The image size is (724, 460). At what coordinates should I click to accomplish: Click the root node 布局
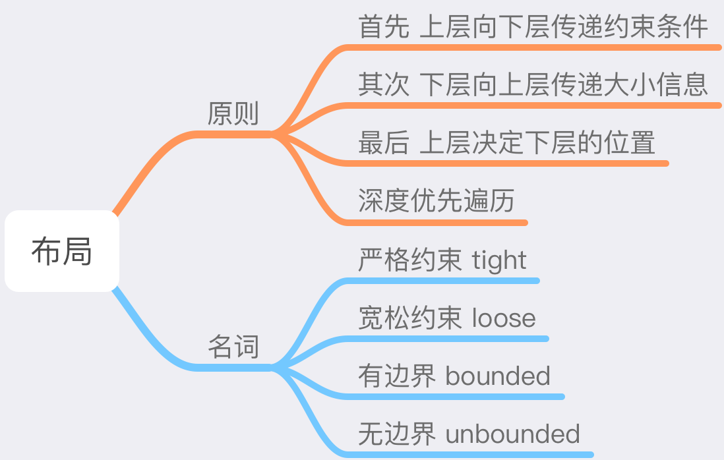(x=62, y=251)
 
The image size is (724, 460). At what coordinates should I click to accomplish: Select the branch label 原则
(x=233, y=113)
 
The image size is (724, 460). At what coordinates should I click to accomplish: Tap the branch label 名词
(x=233, y=347)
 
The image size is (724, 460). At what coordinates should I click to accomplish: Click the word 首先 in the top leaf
(x=384, y=26)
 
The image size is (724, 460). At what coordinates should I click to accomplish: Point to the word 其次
(x=384, y=84)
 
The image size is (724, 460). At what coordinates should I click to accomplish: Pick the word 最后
(x=384, y=142)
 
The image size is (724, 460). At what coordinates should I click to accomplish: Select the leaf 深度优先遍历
(x=437, y=200)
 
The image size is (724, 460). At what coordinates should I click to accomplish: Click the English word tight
(x=498, y=261)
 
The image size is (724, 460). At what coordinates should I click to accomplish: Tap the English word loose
(x=504, y=318)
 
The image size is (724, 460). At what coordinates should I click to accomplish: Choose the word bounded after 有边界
(x=498, y=376)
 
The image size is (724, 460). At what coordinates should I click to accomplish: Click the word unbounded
(x=512, y=434)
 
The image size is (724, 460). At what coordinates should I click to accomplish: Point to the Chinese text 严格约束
(x=409, y=260)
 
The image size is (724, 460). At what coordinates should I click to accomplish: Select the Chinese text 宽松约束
(x=409, y=318)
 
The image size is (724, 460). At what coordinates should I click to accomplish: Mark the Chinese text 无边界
(x=397, y=434)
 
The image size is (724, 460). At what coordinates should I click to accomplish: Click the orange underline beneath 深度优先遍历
(x=437, y=223)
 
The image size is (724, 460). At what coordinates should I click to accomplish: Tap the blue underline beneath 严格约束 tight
(x=442, y=281)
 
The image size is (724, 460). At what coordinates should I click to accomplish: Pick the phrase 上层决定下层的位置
(x=537, y=142)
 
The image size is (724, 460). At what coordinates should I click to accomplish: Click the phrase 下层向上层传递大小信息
(x=564, y=84)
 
